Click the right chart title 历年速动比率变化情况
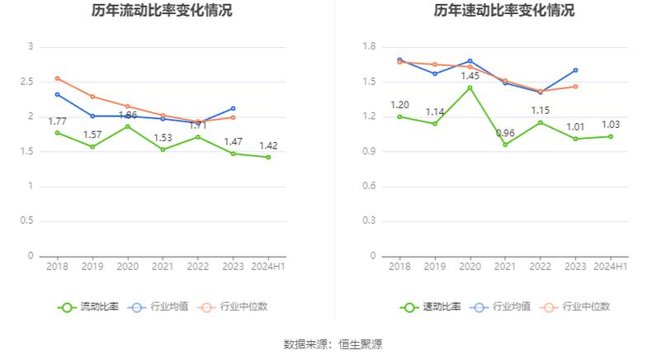click(504, 11)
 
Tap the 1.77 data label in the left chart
click(57, 121)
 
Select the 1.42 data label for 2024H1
click(268, 145)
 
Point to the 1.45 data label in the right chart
click(470, 76)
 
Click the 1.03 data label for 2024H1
click(611, 125)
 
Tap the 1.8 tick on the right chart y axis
click(369, 47)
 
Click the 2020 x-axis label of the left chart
click(127, 266)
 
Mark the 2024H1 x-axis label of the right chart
click(611, 266)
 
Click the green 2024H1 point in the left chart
click(268, 157)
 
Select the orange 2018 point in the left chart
click(57, 78)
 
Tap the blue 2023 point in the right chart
click(575, 70)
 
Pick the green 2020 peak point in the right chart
click(470, 88)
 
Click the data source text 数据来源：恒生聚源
click(333, 343)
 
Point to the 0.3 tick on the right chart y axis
click(369, 221)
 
